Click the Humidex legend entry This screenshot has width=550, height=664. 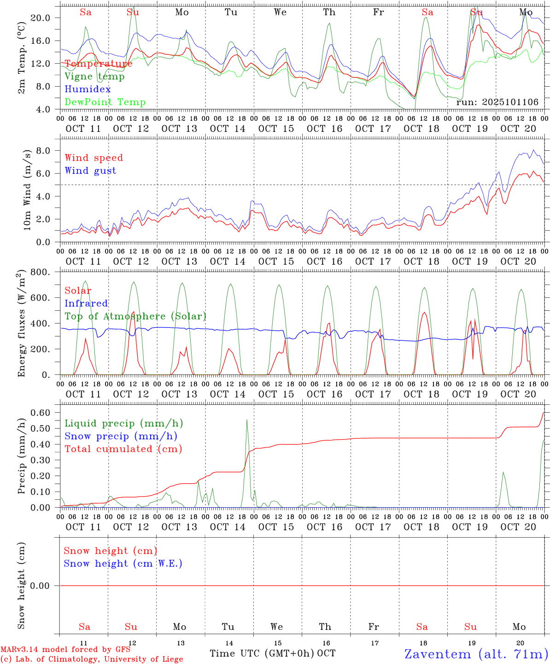tap(88, 89)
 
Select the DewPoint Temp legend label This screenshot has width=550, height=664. tap(105, 102)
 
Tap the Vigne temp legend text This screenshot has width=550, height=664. tap(94, 77)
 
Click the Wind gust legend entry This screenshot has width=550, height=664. tap(90, 171)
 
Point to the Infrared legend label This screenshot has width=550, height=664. tap(86, 303)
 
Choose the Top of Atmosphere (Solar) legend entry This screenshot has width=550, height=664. tap(135, 316)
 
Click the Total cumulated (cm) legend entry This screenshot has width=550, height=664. tap(123, 449)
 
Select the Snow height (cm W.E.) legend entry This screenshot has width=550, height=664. tap(123, 563)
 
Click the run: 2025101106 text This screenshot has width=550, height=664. tap(497, 102)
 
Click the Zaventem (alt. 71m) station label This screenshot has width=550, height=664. tap(476, 654)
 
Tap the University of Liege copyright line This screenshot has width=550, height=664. tap(92, 659)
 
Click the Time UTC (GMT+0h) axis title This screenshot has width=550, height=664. tap(262, 653)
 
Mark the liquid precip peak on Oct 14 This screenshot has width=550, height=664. tap(247, 420)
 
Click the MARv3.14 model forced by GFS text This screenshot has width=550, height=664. tap(65, 649)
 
